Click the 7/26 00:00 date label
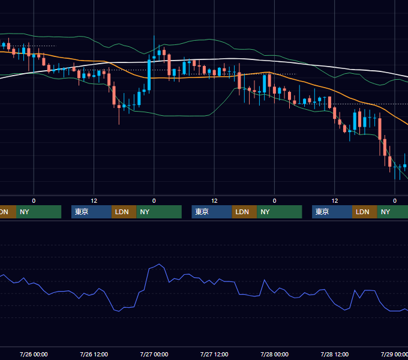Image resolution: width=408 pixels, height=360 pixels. (34, 354)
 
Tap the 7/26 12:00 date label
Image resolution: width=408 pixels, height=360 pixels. (94, 354)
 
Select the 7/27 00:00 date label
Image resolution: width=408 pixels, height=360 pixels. (154, 354)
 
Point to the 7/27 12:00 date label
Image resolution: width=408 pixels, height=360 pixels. (214, 354)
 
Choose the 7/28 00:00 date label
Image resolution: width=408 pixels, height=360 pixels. (275, 354)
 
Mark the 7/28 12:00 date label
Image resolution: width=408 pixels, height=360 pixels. (335, 354)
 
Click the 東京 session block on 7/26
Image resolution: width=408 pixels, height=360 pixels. (91, 212)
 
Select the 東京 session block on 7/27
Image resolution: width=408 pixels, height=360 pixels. (212, 212)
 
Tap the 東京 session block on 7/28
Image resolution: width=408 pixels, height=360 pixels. (332, 212)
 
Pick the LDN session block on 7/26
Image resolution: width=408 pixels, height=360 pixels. (124, 212)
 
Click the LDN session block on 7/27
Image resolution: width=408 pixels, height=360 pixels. (244, 212)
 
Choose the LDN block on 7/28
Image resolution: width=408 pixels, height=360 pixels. (365, 212)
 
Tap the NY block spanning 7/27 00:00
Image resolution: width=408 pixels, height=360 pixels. (159, 212)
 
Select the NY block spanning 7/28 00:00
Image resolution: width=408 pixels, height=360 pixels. (280, 212)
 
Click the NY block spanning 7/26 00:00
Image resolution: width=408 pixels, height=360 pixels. (38, 212)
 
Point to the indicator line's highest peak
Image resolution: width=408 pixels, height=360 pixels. (159, 264)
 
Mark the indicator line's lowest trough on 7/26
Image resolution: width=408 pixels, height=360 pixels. (119, 311)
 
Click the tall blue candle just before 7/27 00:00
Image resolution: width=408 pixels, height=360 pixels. (149, 75)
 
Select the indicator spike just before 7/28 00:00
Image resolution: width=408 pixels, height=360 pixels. (265, 280)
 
